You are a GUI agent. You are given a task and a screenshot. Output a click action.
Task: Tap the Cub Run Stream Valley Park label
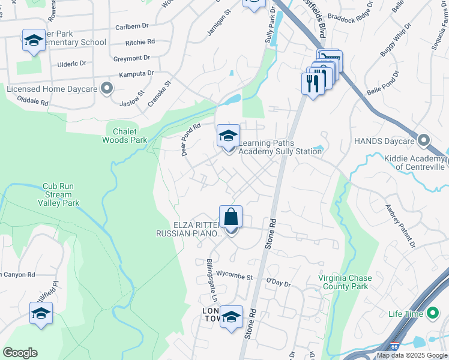[58, 195]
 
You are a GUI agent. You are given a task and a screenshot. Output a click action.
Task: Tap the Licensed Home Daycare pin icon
[107, 89]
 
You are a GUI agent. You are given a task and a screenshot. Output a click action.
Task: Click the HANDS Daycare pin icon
[424, 141]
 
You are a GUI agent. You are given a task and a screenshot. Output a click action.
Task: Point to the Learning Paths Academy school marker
[228, 136]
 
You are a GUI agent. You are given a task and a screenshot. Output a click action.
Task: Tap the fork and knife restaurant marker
[312, 83]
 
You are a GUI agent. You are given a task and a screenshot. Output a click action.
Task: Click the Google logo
[20, 353]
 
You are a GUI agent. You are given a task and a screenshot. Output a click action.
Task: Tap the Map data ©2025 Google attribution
[412, 355]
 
